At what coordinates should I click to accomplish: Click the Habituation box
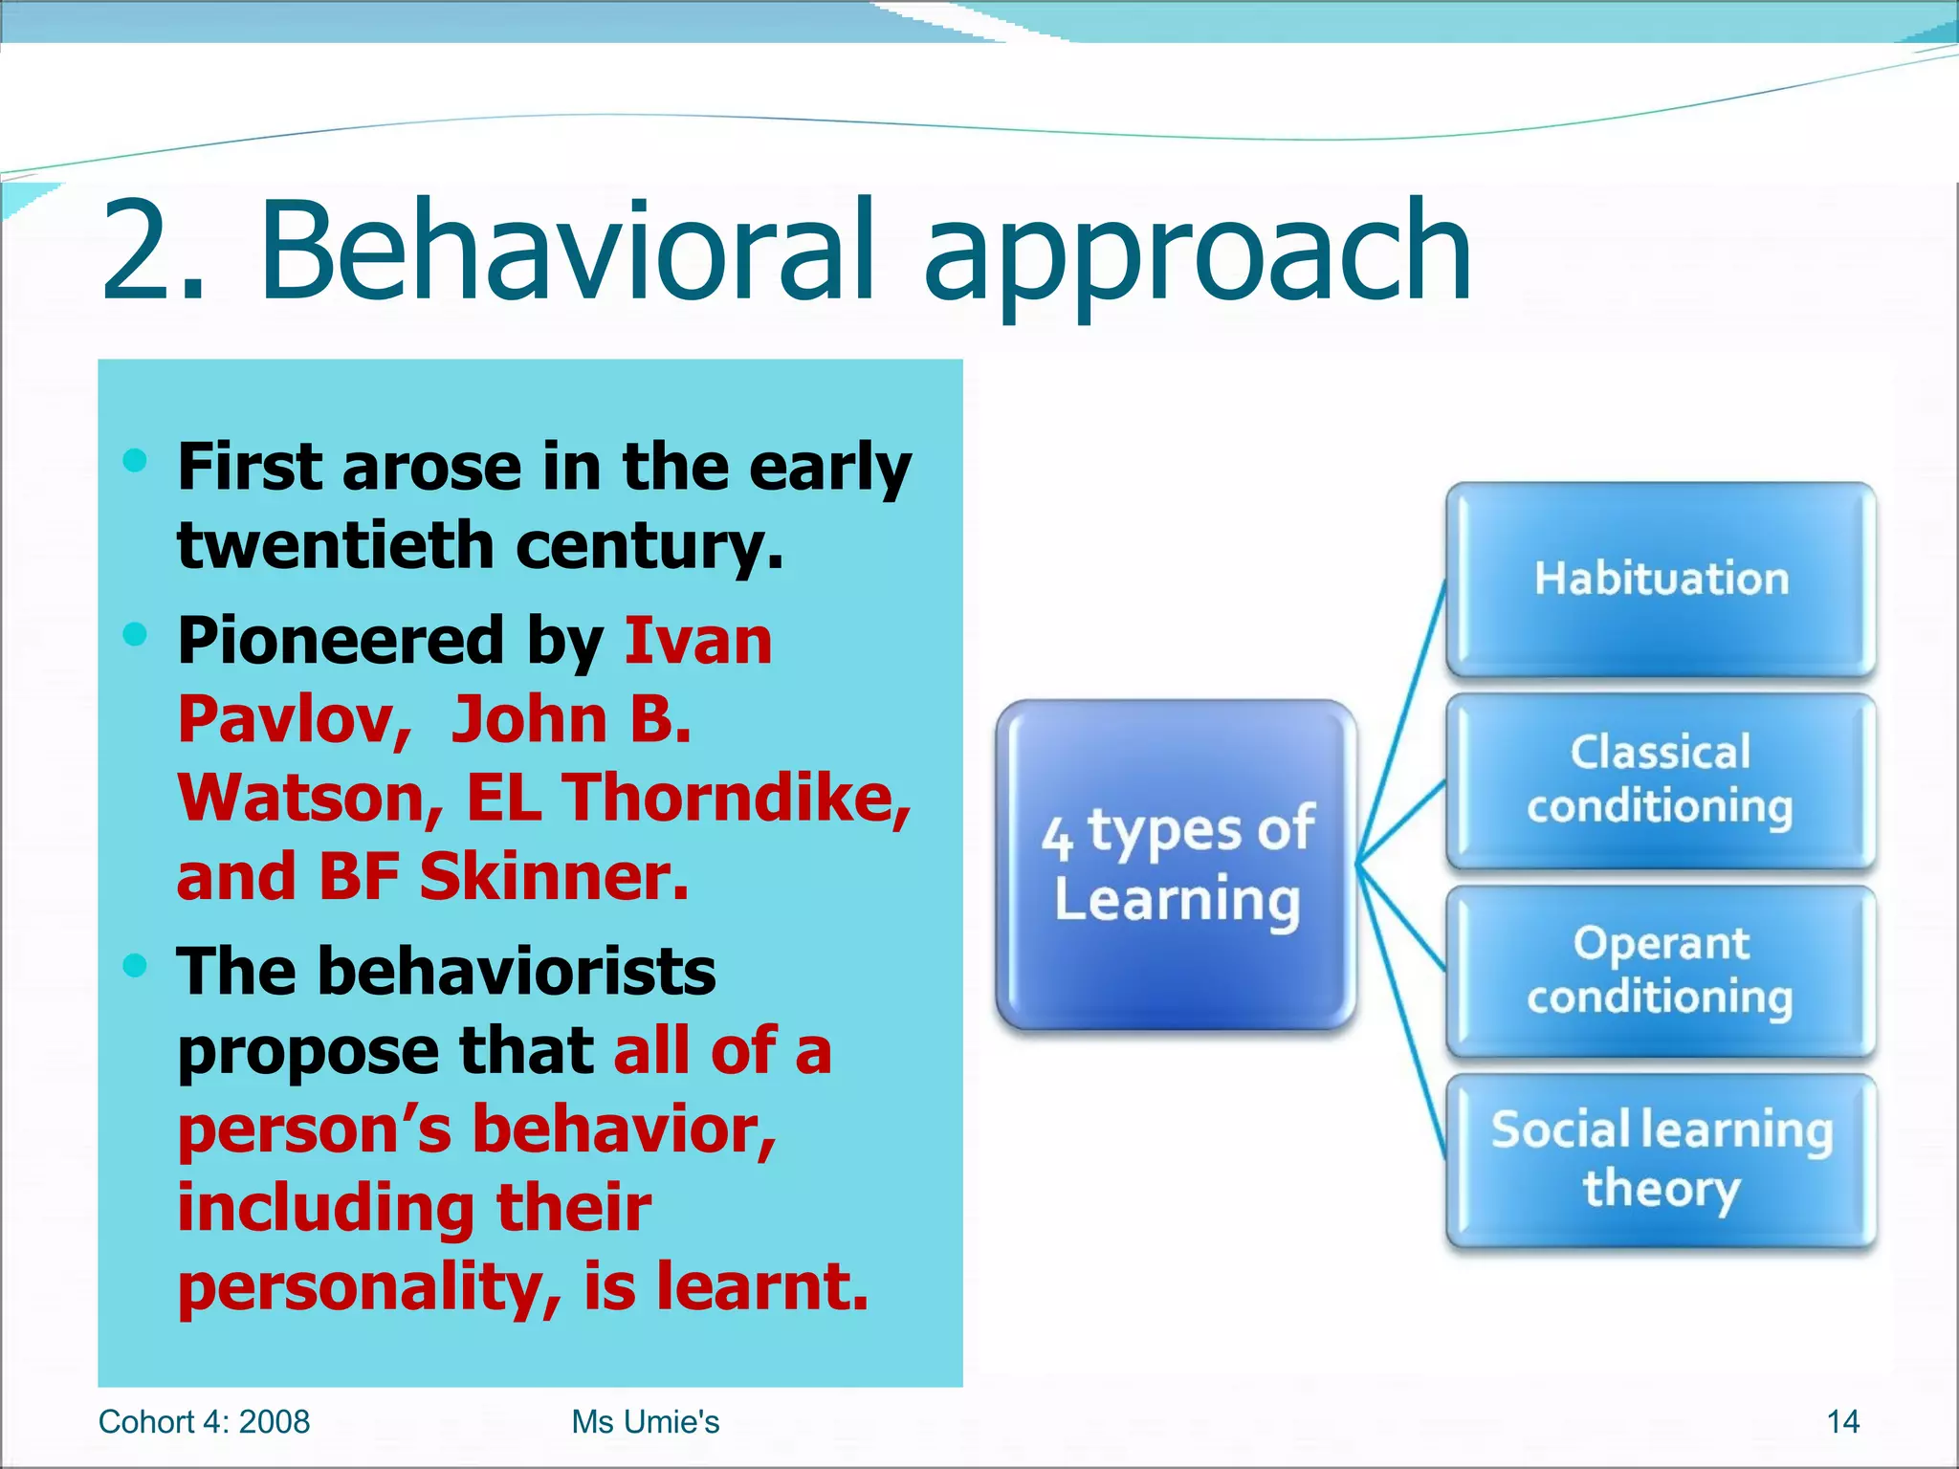(1661, 580)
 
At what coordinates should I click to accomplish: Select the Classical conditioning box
(1661, 780)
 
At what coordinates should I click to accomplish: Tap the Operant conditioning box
(1661, 971)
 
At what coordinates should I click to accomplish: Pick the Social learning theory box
(1661, 1160)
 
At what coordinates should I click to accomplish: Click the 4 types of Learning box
(1177, 865)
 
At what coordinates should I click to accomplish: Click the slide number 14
(1842, 1422)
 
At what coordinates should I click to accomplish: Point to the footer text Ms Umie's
(645, 1422)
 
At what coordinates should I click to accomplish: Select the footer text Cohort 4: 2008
(204, 1422)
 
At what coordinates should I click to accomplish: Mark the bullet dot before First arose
(136, 461)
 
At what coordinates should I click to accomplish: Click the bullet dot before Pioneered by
(136, 633)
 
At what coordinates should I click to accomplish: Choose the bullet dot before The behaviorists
(136, 965)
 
